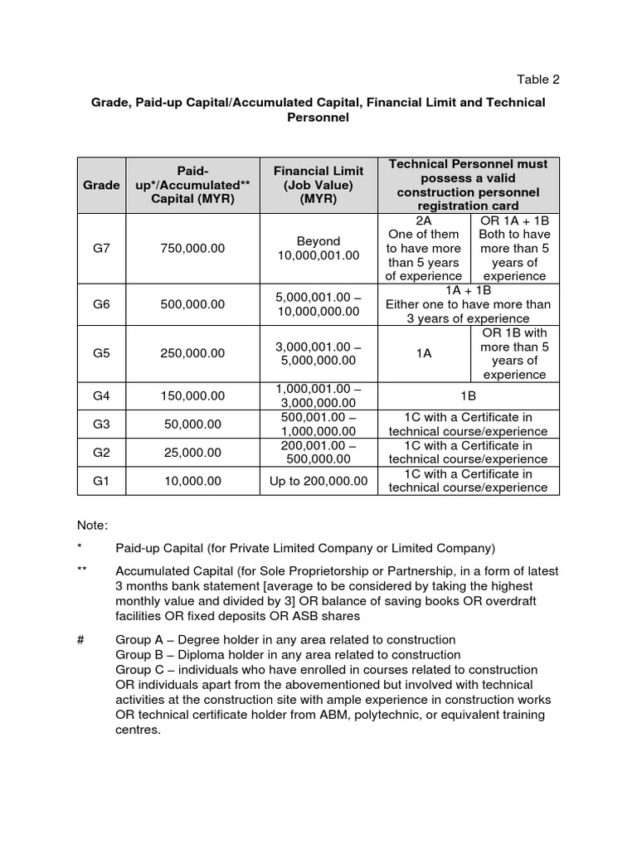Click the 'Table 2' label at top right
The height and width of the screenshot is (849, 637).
click(538, 80)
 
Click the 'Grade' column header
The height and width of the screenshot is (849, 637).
click(101, 185)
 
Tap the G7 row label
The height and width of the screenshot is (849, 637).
click(101, 248)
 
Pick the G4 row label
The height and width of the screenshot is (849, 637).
click(101, 395)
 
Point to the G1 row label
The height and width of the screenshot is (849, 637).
click(101, 481)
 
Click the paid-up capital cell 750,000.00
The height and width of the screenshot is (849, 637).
click(192, 248)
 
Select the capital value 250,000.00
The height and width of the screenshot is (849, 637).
click(192, 353)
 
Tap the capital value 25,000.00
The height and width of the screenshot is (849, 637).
click(192, 453)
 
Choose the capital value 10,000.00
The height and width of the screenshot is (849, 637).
click(192, 481)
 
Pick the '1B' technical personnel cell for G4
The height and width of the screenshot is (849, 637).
click(468, 396)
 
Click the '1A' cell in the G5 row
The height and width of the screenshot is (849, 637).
click(424, 353)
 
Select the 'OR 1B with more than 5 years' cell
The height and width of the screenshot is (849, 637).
click(514, 353)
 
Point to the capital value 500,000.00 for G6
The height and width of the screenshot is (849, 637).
click(192, 304)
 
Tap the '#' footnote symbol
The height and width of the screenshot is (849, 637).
click(79, 639)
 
